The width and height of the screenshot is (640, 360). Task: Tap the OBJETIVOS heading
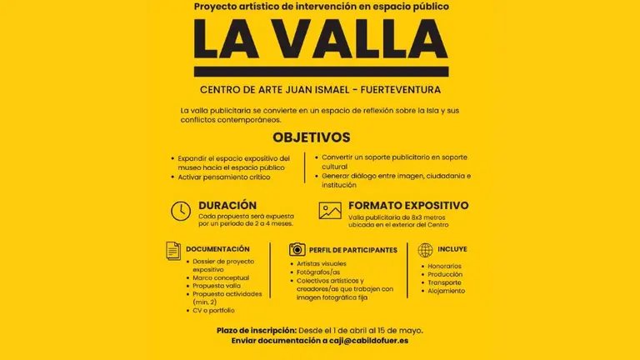pos(312,137)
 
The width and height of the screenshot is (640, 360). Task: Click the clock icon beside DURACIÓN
pos(180,211)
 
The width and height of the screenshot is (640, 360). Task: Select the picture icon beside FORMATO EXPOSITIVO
pos(330,211)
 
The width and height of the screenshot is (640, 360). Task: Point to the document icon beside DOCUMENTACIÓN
pos(173,249)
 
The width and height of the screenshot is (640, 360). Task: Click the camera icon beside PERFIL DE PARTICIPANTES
pos(296,249)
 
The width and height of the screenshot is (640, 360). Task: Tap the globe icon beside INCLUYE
pos(425,249)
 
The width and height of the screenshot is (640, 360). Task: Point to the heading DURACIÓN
pos(227,205)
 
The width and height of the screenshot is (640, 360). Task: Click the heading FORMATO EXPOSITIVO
pos(408,205)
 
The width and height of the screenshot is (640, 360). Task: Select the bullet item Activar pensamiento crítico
pos(223,177)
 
